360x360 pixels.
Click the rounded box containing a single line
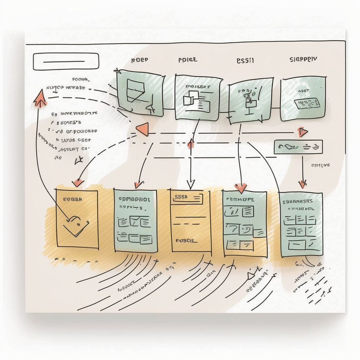(x=66, y=62)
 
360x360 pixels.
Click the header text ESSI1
(x=245, y=60)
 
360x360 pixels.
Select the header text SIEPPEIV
(x=303, y=59)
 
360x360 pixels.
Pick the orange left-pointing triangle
(x=143, y=129)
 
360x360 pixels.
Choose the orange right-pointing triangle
(x=302, y=132)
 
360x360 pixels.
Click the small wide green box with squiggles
(x=298, y=146)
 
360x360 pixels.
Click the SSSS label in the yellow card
(x=181, y=198)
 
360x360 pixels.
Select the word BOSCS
(x=185, y=241)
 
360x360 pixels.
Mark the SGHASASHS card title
(x=297, y=201)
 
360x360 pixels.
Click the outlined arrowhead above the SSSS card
(x=191, y=184)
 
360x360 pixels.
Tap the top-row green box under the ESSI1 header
(x=250, y=100)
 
